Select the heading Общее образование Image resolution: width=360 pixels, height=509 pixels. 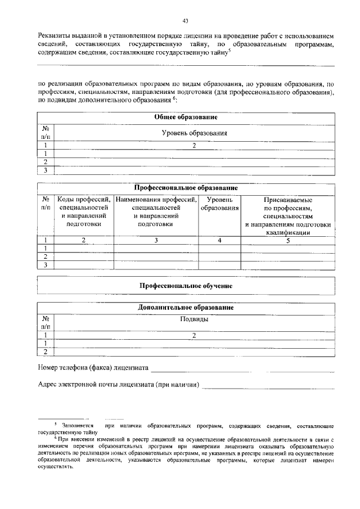186,117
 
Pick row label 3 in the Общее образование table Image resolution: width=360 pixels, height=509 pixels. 45,170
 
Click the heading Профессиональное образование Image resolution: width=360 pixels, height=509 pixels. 186,187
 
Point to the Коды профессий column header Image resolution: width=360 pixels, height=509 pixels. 84,211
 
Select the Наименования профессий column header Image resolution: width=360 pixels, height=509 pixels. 156,211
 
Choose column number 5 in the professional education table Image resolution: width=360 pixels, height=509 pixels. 287,241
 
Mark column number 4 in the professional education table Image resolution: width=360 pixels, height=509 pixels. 219,241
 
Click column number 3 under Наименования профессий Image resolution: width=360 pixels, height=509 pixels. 156,241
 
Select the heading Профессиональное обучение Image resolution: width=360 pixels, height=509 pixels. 186,286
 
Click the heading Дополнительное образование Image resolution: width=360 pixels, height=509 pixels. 186,308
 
